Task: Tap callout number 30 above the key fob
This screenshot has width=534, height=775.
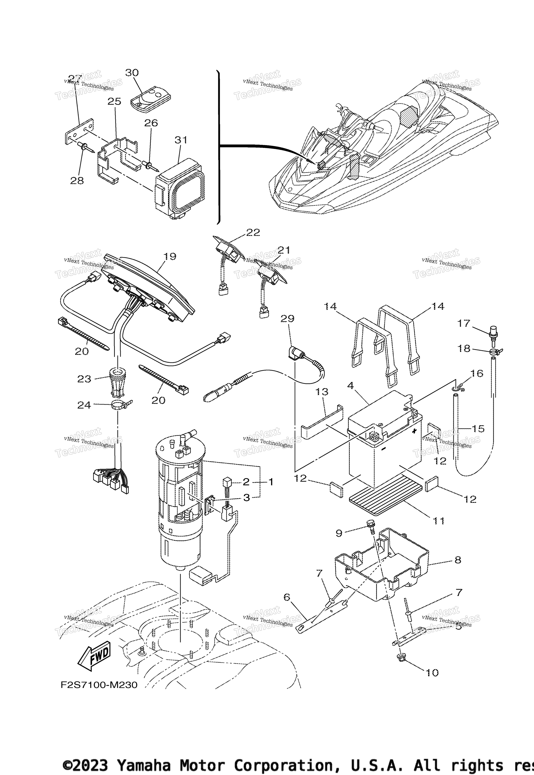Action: coord(132,73)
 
